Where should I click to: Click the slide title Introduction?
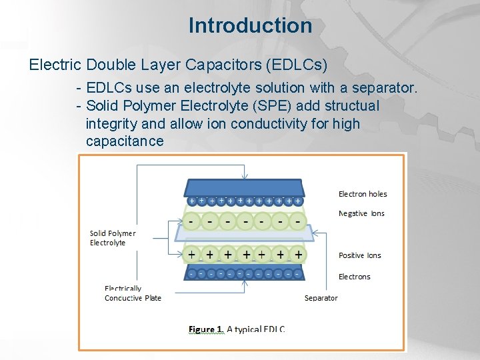point(250,25)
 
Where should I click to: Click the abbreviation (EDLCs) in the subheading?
point(295,65)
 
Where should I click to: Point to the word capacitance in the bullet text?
point(125,141)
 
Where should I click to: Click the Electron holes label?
point(363,194)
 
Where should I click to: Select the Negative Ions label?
point(361,213)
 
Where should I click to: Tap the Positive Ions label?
point(360,255)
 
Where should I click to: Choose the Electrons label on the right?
point(354,277)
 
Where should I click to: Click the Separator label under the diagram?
point(321,298)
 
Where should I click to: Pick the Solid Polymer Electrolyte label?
point(113,238)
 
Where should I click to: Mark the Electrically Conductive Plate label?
point(133,293)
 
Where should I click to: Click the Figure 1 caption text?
point(237,329)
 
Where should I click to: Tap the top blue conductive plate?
point(243,187)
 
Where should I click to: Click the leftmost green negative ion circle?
point(192,219)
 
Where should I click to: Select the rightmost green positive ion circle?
point(297,255)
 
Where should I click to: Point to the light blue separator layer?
point(243,233)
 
